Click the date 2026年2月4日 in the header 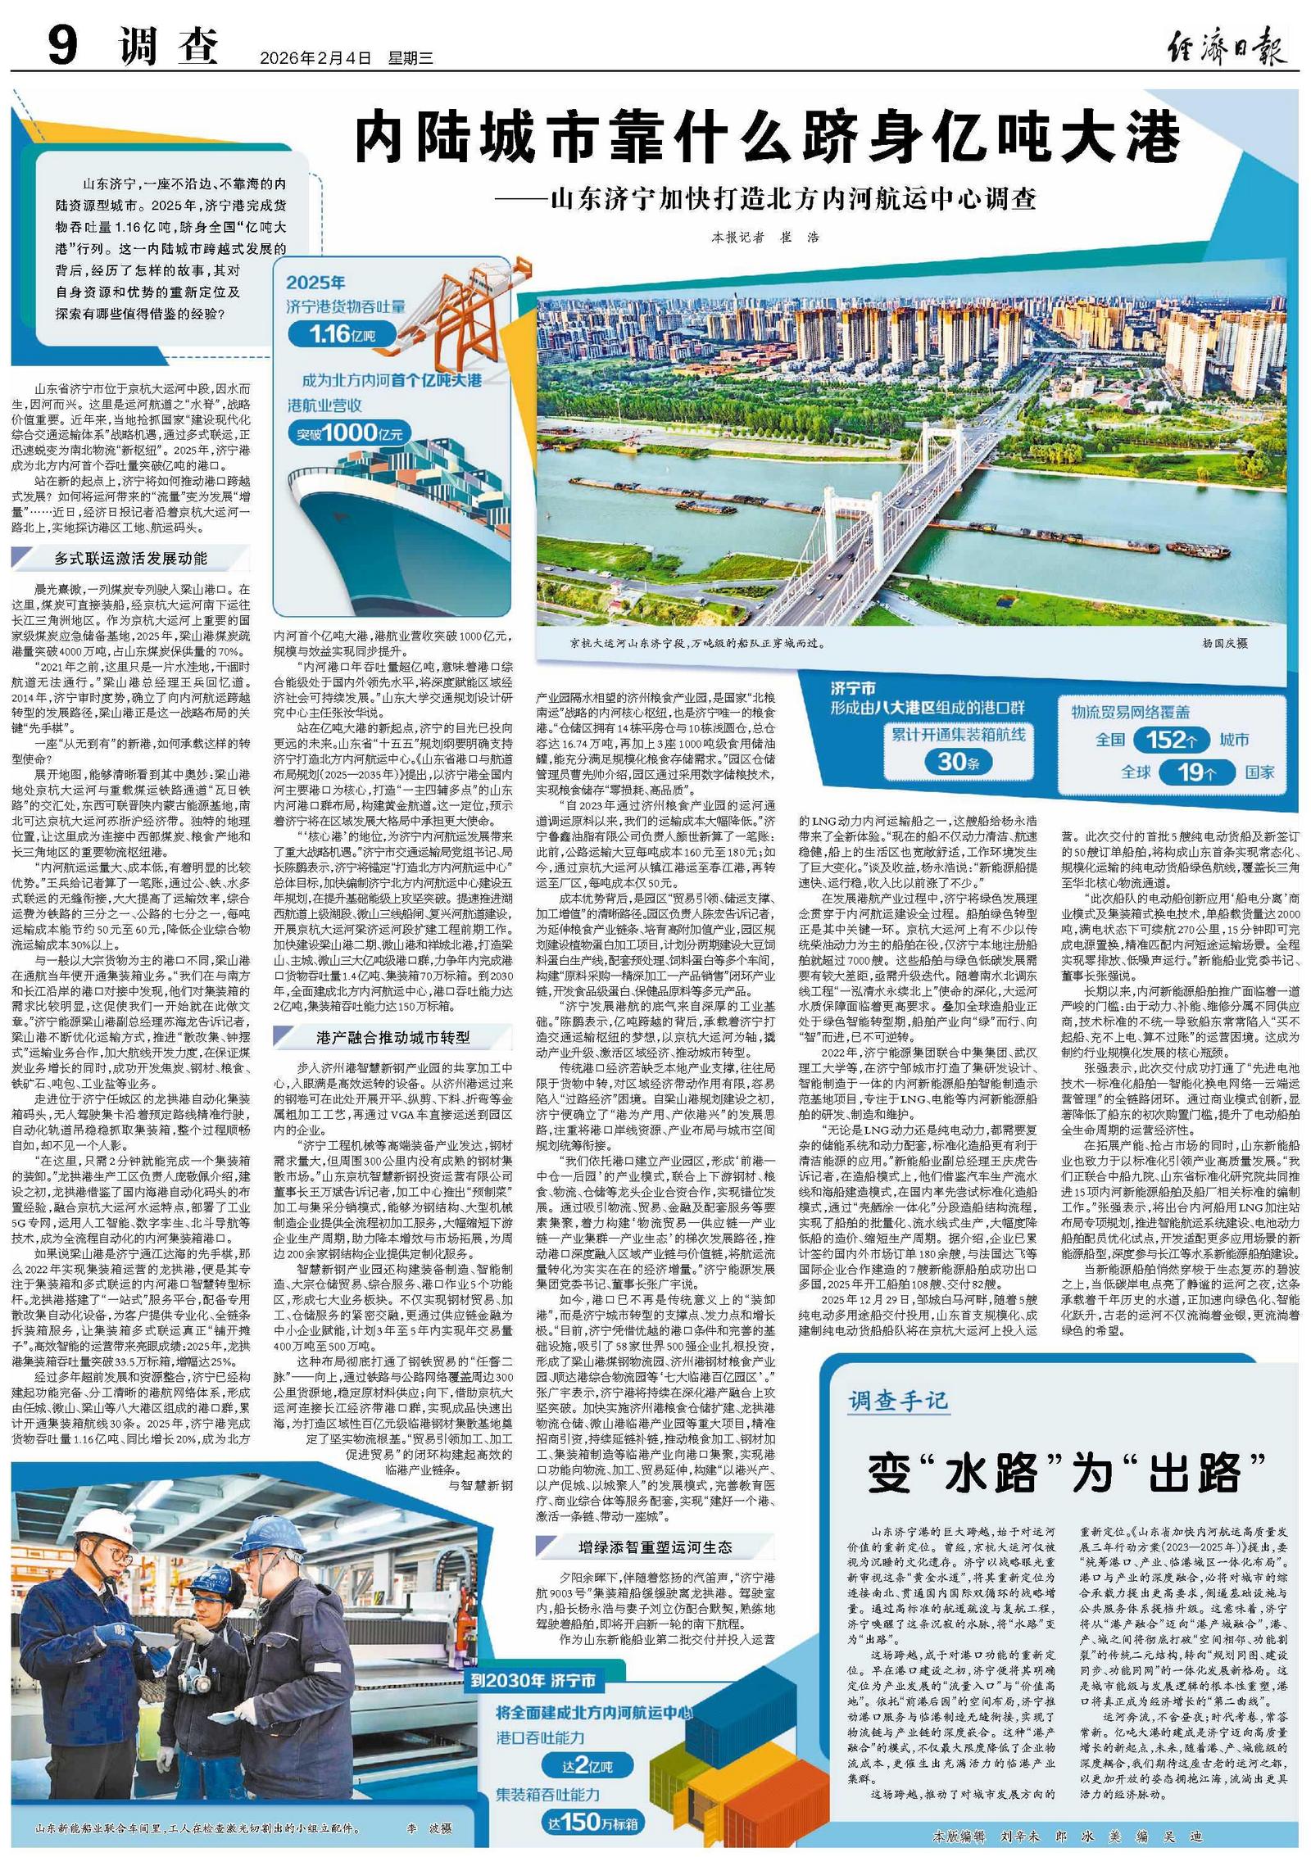click(x=315, y=58)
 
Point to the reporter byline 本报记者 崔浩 click(x=764, y=238)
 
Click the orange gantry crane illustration click(x=475, y=311)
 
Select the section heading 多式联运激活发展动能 click(x=131, y=559)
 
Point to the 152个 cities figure click(x=1171, y=740)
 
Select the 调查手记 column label click(x=898, y=1402)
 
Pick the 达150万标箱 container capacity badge click(x=592, y=1822)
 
